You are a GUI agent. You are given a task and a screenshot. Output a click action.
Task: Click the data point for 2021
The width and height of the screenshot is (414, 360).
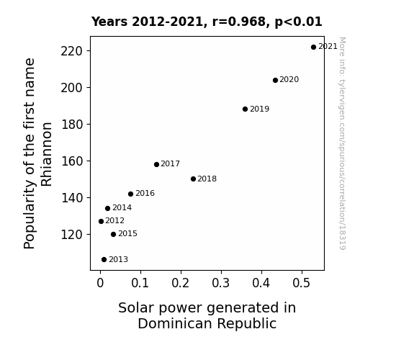coord(313,48)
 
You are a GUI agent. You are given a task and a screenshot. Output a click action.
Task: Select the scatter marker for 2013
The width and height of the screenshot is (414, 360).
coord(104,260)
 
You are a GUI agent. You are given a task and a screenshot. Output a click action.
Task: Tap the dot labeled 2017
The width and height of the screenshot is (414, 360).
coord(156,165)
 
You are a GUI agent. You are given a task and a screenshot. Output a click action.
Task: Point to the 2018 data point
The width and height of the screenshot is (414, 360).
coord(193,179)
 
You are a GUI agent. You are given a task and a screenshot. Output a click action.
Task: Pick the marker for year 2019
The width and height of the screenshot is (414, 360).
coord(245,109)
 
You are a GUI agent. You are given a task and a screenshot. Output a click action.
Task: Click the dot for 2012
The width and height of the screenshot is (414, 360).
coord(101,221)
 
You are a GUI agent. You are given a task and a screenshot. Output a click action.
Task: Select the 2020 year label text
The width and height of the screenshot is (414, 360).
coord(289,79)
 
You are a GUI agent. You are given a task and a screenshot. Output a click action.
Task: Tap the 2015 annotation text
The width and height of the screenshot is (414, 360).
coord(127,234)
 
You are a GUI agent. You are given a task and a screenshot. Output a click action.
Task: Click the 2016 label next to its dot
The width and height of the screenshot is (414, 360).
coord(145,194)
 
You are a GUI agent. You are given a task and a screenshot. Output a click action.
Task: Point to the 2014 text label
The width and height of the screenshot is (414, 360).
coord(122,208)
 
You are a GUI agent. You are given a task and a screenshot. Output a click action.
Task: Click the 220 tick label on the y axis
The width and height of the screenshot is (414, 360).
coord(72,51)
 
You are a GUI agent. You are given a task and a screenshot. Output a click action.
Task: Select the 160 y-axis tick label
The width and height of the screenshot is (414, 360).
coord(72,161)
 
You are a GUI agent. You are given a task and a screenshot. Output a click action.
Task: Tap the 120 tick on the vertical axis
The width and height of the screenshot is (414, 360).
coord(72,235)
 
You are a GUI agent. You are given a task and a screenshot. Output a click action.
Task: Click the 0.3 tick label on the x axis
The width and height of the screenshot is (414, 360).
coord(221,283)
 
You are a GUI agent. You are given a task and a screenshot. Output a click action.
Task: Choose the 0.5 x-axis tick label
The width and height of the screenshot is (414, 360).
coord(301,283)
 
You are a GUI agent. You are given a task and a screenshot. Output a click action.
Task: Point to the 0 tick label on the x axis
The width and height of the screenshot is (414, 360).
coord(100,283)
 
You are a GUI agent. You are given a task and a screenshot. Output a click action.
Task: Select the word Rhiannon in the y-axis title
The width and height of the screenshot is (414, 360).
coord(47,154)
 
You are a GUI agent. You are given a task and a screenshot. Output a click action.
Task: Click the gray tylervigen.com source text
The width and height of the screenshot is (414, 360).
coord(342,143)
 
